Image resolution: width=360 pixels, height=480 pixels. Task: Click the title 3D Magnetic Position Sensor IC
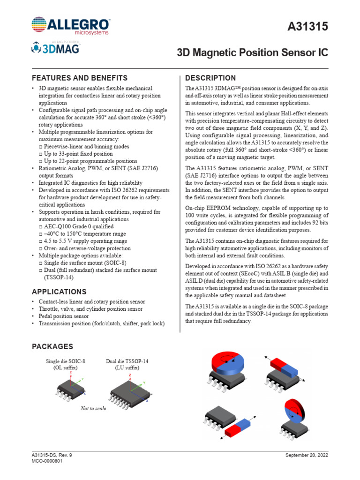pos(252,53)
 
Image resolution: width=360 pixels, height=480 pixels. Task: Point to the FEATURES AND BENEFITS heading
pos(79,78)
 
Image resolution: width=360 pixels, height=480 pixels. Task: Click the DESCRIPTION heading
pos(210,78)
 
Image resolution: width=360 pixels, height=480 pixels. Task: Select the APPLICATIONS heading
pos(59,292)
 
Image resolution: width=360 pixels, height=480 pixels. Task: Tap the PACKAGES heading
pos(52,346)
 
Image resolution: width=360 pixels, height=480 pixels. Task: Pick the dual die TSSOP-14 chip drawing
pos(127,390)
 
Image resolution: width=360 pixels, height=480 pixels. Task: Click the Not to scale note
pos(94,408)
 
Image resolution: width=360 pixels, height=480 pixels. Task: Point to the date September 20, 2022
pos(307,455)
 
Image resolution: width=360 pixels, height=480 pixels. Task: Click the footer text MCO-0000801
pos(47,461)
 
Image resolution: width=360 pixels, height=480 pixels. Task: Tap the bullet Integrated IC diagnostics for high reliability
pos(93,183)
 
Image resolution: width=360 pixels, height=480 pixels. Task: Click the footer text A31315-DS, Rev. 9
pos(52,455)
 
